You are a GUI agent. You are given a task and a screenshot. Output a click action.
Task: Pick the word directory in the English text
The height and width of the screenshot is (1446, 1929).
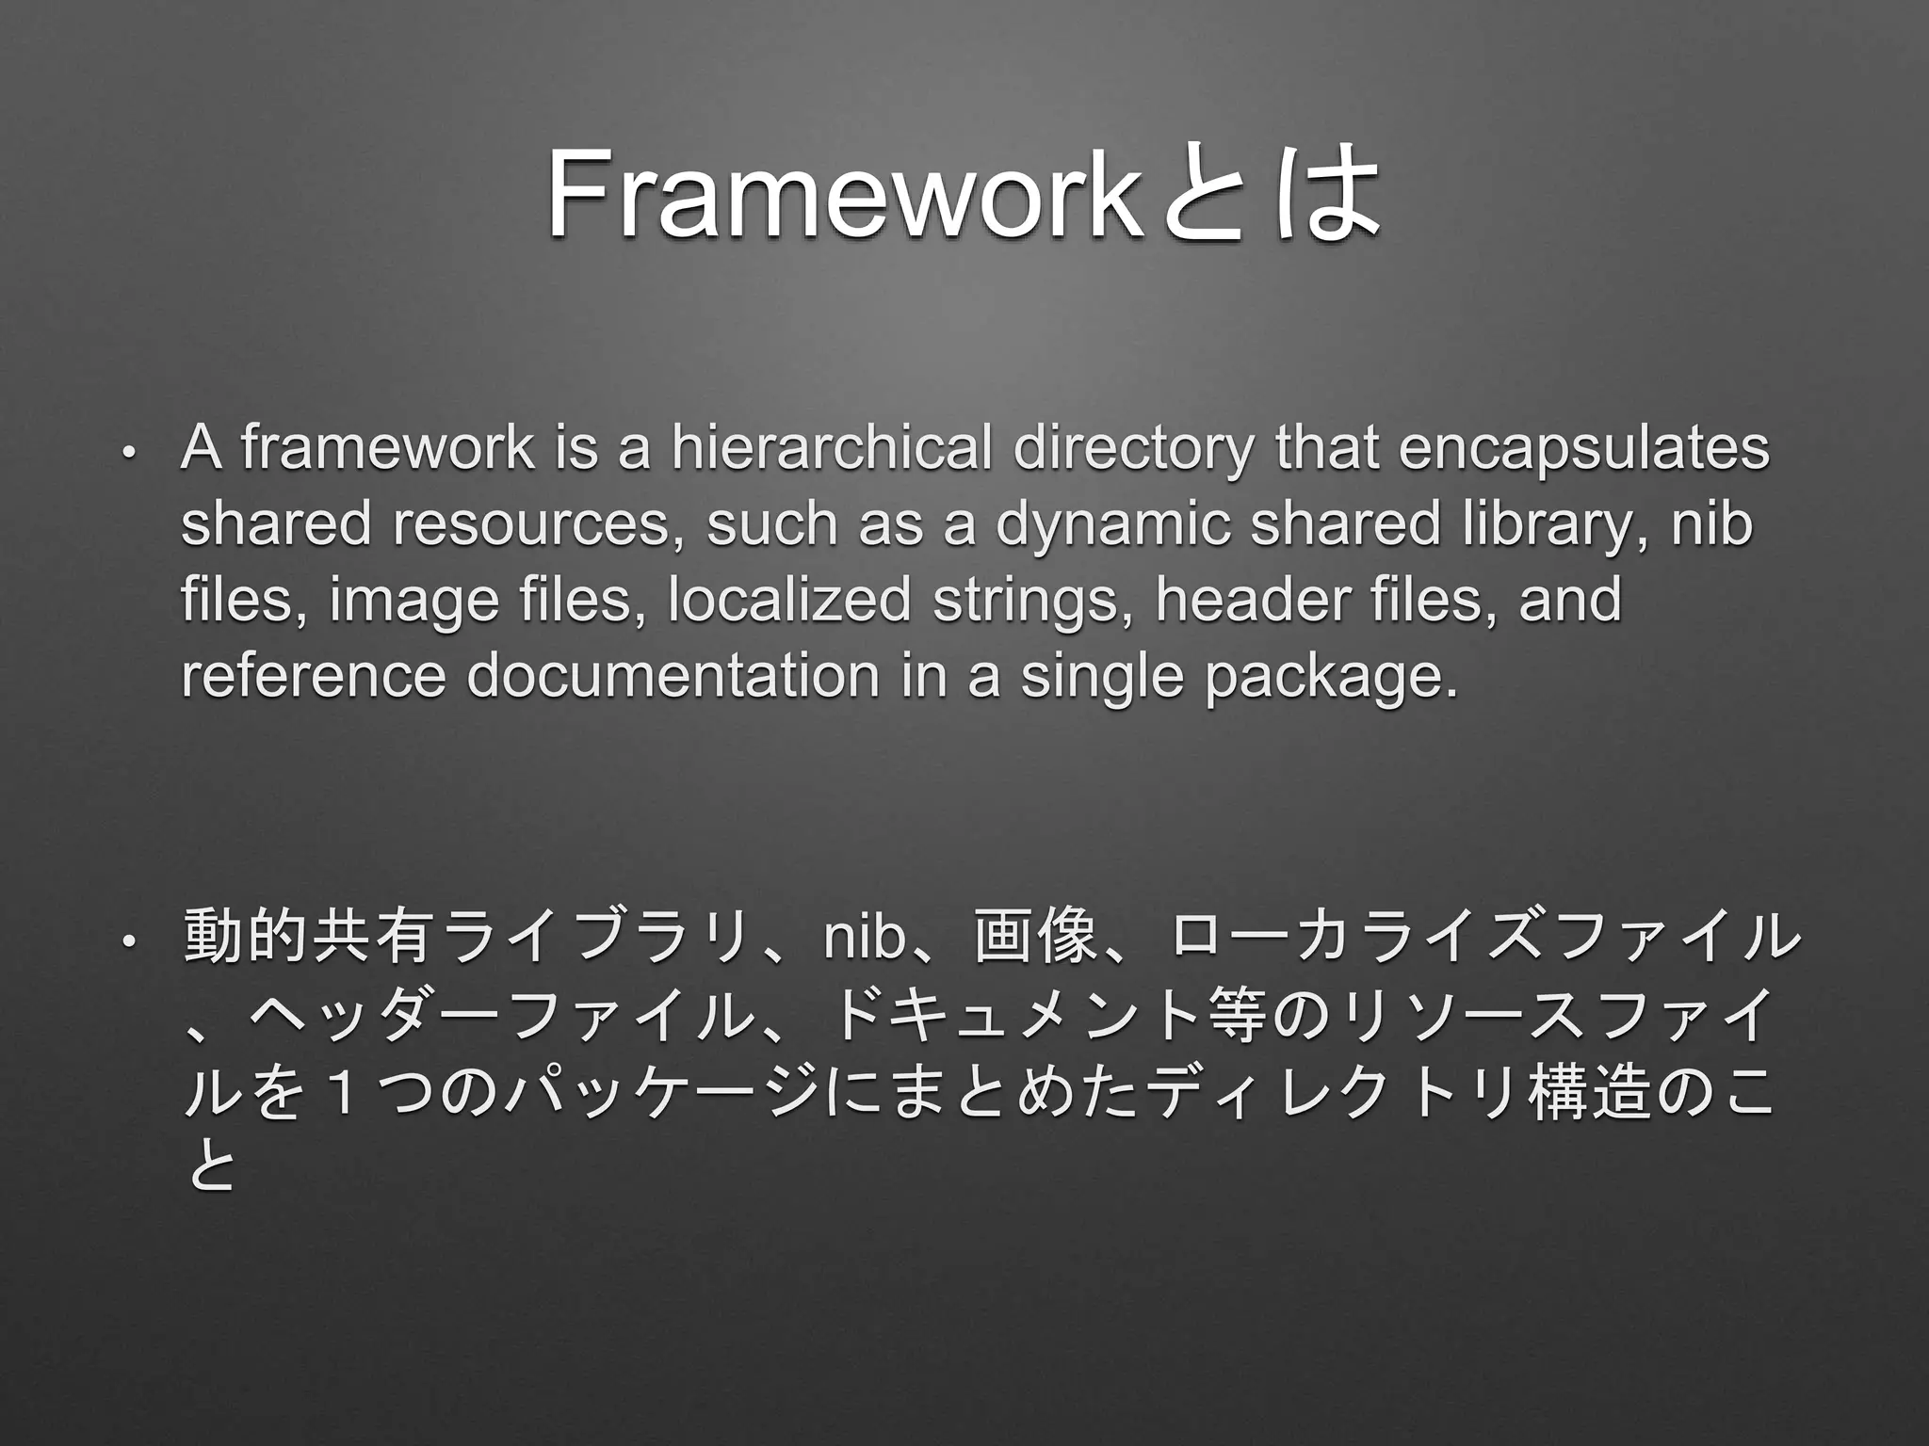pos(1133,450)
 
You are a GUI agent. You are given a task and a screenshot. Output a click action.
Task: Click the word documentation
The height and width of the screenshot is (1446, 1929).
pos(673,676)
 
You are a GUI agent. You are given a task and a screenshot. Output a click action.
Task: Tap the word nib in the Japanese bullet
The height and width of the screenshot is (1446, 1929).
pos(863,939)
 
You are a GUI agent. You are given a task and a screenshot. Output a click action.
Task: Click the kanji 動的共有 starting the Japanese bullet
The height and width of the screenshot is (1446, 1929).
pos(308,938)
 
